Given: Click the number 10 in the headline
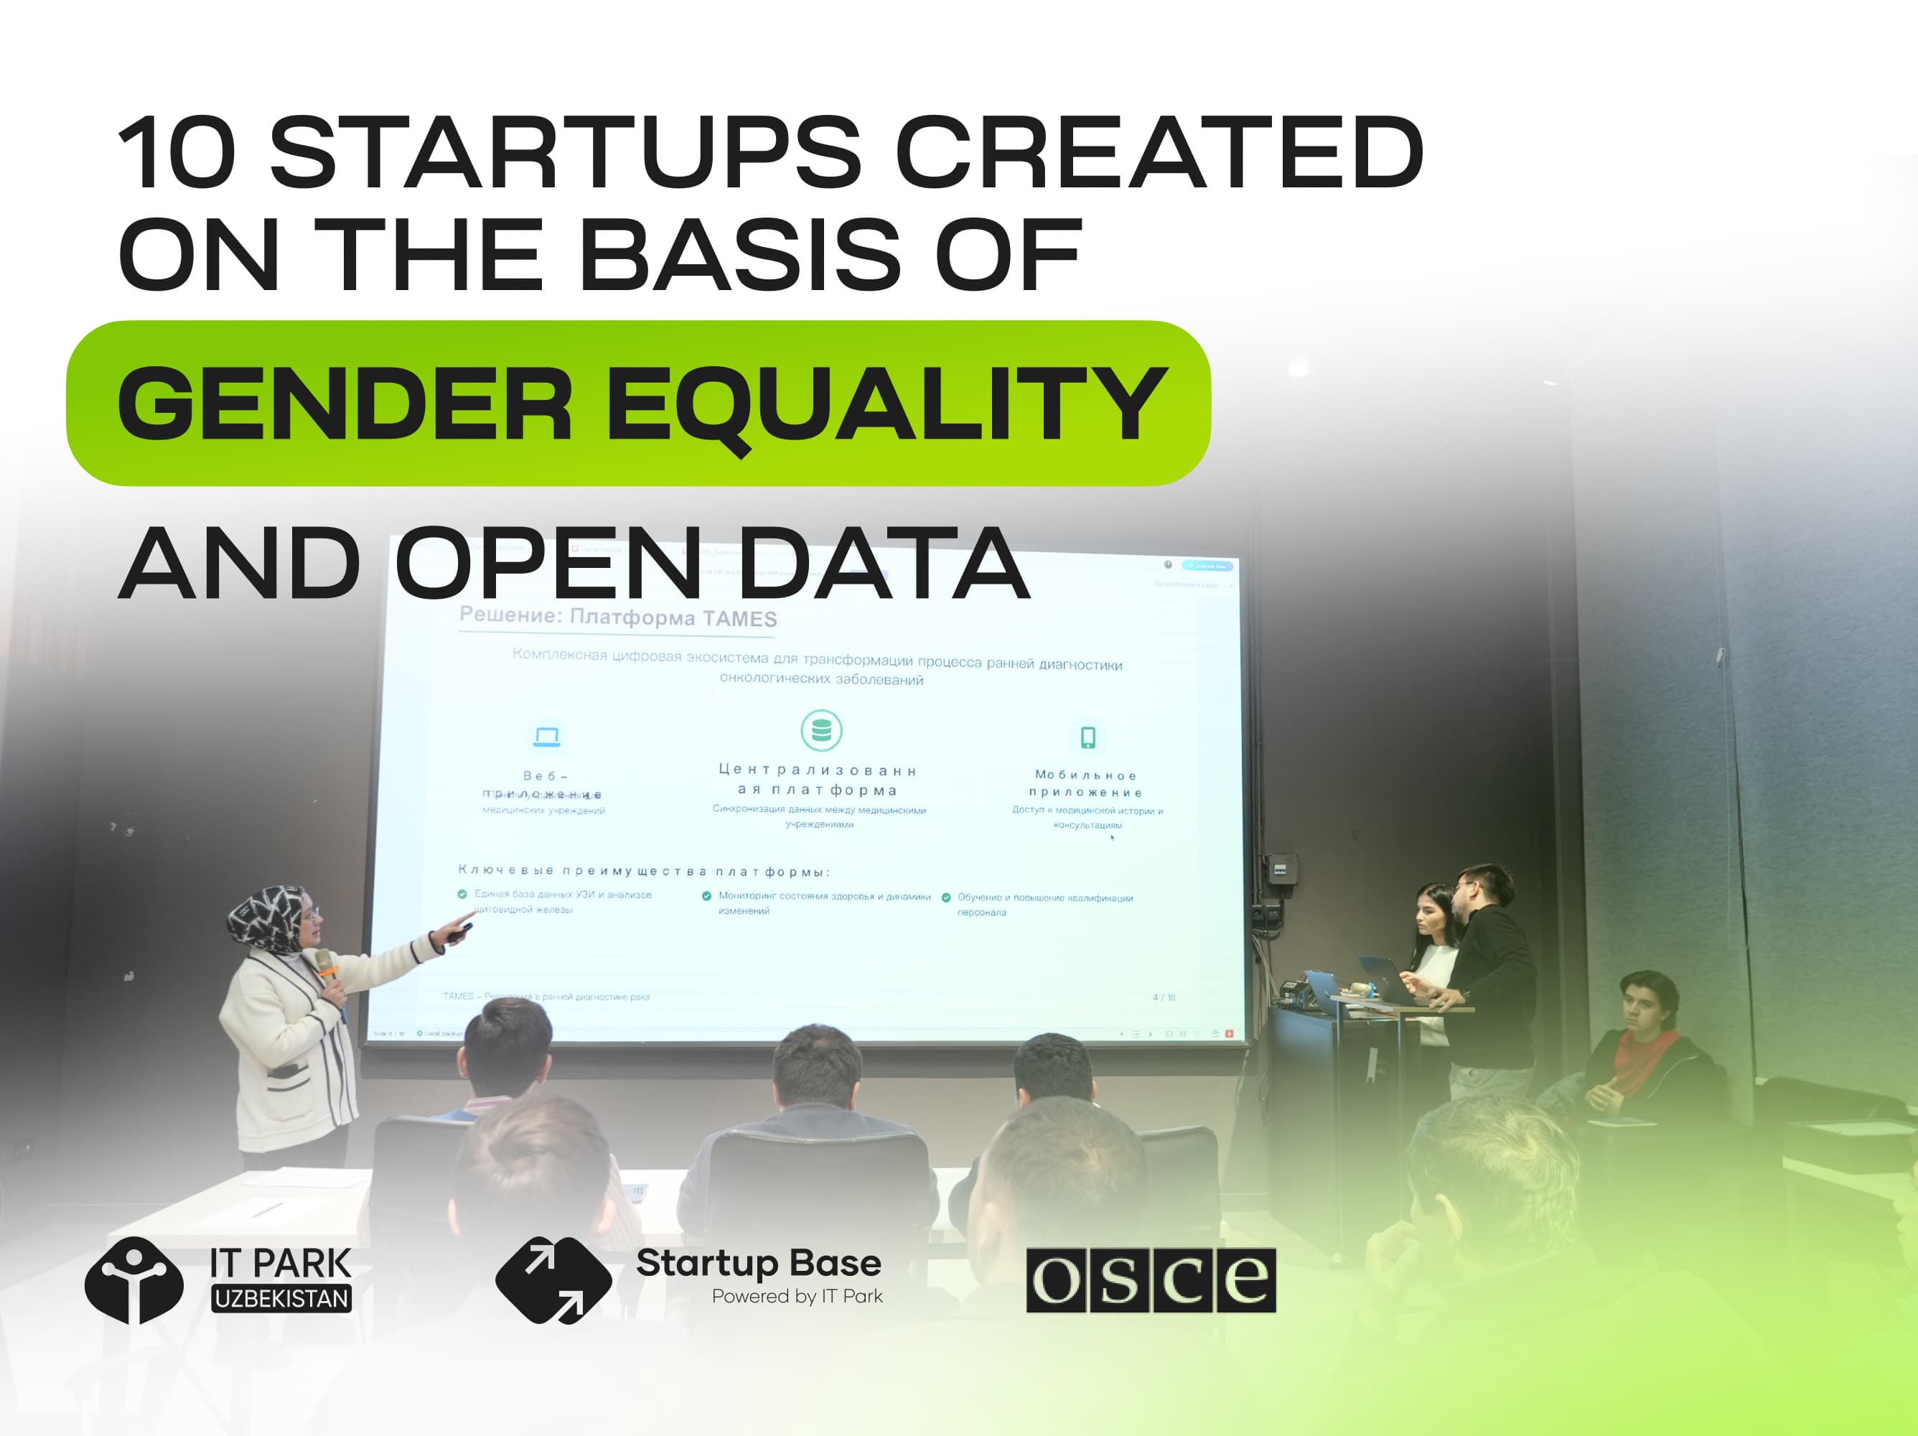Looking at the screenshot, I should (177, 153).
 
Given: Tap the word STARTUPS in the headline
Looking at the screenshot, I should (566, 153).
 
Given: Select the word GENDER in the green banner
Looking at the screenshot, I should (345, 404).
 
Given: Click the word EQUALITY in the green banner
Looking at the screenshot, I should (887, 404).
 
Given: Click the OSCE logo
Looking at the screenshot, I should (1151, 1280).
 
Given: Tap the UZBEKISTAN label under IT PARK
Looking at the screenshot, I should (282, 1298).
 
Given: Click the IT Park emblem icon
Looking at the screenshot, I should (134, 1280).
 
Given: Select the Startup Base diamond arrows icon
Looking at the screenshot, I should (552, 1280).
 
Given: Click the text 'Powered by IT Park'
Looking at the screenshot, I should (797, 1297).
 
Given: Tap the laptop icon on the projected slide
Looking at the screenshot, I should (546, 737).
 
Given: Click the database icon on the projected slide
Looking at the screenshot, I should (821, 730).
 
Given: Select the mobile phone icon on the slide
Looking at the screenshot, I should (1087, 737).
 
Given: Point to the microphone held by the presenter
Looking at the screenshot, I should (326, 964).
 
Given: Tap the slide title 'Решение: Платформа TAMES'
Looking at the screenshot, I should (617, 617).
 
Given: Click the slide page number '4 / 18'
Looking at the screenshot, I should (1164, 997).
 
